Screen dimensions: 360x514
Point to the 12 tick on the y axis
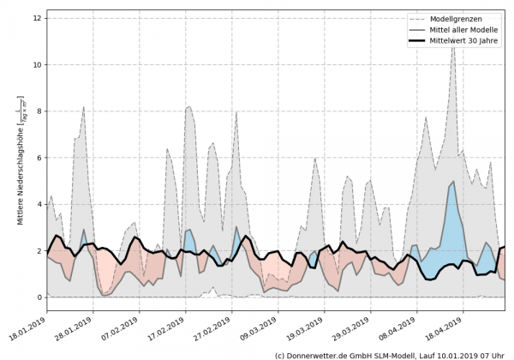(x=38, y=18)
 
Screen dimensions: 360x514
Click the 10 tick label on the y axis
(x=38, y=64)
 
